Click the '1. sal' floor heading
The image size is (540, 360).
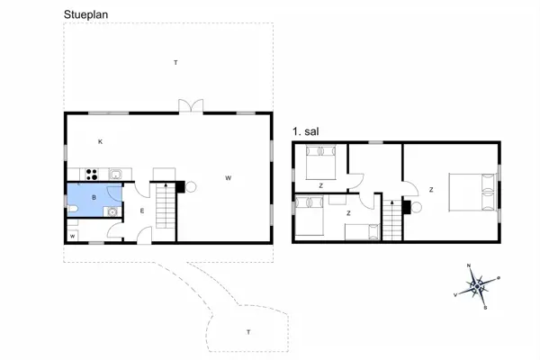(x=305, y=131)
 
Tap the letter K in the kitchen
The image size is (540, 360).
(x=100, y=142)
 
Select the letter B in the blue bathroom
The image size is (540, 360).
(x=94, y=196)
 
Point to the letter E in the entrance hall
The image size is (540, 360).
(x=142, y=211)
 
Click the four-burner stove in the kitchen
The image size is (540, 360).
(x=90, y=174)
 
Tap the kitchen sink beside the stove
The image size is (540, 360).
(x=116, y=173)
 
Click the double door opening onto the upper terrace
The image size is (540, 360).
(x=191, y=106)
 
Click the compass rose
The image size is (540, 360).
(x=479, y=287)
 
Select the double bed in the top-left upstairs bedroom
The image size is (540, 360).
(x=319, y=165)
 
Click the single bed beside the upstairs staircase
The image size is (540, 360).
(x=364, y=233)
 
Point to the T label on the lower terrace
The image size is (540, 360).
(x=247, y=333)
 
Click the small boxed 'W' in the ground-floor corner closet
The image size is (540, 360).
(x=73, y=236)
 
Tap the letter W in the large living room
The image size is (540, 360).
(x=229, y=178)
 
